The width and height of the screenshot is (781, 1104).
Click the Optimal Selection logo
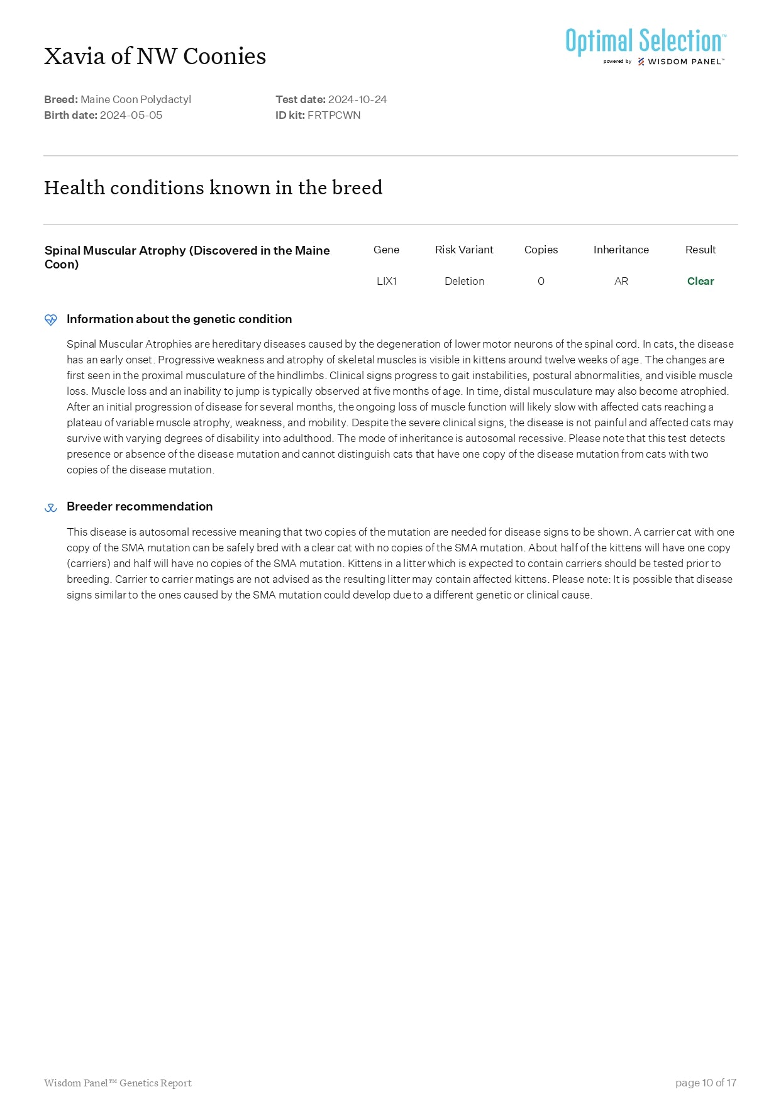[645, 45]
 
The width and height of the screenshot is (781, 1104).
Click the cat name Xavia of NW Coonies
[155, 57]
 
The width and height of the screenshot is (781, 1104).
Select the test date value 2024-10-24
[357, 99]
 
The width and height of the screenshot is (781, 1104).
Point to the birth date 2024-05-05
[131, 115]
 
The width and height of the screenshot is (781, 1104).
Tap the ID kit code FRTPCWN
[334, 115]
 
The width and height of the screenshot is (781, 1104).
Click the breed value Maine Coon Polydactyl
[136, 99]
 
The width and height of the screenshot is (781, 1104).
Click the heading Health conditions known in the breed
[213, 187]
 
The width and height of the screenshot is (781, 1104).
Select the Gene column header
[386, 250]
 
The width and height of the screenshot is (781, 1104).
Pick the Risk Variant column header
[464, 250]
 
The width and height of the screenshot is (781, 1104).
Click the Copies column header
[541, 250]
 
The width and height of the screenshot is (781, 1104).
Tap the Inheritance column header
[621, 250]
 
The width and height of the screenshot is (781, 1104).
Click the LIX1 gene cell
[386, 281]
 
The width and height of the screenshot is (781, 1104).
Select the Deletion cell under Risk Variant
[464, 281]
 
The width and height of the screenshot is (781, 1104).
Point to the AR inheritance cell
[621, 281]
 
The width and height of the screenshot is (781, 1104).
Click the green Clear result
[701, 281]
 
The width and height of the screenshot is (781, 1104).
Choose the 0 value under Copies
[541, 281]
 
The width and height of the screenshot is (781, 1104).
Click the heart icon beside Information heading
[51, 319]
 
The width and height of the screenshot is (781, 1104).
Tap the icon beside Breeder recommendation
[51, 507]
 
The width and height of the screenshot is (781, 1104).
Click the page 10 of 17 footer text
[706, 1083]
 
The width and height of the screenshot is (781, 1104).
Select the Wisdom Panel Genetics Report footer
[118, 1083]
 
